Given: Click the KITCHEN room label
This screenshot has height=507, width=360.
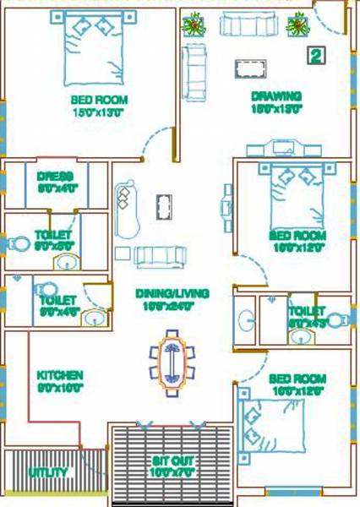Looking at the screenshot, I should coord(59,374).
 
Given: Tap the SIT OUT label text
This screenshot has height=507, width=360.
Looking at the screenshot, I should coord(172,462).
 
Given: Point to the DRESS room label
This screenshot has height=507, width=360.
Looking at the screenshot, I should coord(56,177).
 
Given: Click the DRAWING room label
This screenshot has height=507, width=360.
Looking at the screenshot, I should coord(275,96).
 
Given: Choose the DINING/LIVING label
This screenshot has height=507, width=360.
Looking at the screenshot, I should coord(172,294).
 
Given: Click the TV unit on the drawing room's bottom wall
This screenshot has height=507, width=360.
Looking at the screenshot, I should coord(281,149).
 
